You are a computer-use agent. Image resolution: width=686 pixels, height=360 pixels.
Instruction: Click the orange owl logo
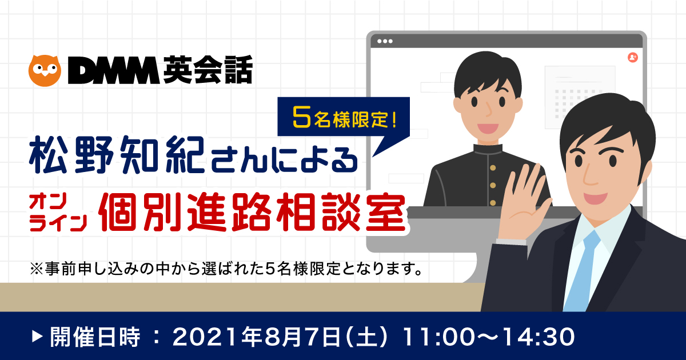point(45,71)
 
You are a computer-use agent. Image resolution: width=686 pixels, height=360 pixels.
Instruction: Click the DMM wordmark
point(114,70)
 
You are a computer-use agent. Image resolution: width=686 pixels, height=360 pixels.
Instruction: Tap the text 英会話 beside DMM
point(208,70)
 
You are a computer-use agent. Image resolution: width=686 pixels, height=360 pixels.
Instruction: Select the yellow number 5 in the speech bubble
point(301,118)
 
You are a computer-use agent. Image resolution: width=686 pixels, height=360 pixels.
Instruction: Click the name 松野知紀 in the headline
point(117,155)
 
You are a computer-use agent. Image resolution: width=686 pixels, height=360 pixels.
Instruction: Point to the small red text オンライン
point(58,213)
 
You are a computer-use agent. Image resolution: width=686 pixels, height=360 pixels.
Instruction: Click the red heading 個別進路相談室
point(253,212)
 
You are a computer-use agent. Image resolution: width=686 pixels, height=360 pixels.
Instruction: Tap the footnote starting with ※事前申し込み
point(226,269)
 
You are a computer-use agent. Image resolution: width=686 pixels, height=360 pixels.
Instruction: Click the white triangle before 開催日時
point(37,337)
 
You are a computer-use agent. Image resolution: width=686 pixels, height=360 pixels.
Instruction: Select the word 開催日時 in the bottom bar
point(95,337)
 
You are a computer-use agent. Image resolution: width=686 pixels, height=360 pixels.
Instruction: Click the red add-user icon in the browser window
point(633,57)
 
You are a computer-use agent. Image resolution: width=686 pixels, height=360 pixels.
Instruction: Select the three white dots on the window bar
point(385,41)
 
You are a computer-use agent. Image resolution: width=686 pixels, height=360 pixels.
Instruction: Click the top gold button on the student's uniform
point(493,168)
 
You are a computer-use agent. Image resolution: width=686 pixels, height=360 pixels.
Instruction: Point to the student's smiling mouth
point(488,128)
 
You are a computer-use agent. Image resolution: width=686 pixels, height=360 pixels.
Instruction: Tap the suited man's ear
point(646,169)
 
